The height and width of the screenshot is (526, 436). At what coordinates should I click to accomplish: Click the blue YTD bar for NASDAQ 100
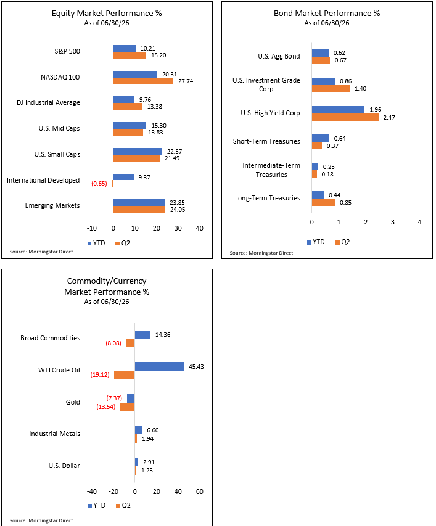point(135,74)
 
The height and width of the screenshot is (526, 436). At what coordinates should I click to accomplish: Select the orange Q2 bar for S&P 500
point(130,55)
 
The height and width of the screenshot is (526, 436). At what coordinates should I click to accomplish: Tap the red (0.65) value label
point(99,184)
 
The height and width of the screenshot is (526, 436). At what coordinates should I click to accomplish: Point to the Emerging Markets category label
point(52,205)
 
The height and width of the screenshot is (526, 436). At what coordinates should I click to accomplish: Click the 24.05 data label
point(178,209)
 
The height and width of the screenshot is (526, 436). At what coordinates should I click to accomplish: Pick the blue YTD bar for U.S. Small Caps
point(138,151)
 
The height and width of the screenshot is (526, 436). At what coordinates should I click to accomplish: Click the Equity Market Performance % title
point(107,14)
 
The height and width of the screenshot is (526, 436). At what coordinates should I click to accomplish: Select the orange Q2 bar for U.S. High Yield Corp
point(345,117)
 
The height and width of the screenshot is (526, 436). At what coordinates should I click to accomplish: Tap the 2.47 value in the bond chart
point(389,117)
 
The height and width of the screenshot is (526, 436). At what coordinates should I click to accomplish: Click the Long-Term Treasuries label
point(267,198)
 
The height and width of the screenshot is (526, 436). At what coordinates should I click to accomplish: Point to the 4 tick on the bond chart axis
point(419,222)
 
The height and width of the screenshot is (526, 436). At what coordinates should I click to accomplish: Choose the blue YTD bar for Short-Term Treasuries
point(321,138)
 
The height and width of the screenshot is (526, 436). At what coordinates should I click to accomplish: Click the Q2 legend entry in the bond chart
point(343,242)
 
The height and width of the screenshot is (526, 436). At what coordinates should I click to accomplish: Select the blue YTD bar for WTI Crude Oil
point(159,366)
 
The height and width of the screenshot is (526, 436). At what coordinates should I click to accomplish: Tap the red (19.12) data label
point(100,375)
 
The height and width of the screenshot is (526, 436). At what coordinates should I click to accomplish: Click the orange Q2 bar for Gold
point(128,406)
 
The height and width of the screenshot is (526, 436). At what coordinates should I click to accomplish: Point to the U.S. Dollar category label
point(64,466)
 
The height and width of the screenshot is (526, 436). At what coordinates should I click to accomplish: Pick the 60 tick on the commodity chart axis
point(200,491)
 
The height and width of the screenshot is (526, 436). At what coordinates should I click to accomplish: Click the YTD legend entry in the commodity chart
point(97,505)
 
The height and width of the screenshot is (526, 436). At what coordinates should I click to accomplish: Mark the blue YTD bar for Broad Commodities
point(142,334)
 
